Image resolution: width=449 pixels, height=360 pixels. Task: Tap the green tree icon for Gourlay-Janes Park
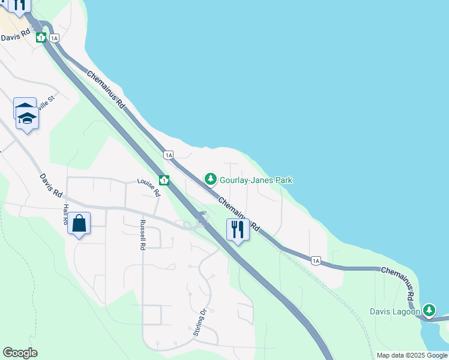coord(210,179)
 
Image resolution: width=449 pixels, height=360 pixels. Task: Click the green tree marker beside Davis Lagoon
coord(429,310)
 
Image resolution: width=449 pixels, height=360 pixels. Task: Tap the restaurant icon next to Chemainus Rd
coord(238,230)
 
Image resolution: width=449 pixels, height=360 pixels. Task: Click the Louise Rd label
coord(149,187)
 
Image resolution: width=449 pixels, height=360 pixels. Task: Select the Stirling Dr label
coord(200,322)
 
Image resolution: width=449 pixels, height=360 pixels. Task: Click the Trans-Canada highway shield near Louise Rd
coord(163,180)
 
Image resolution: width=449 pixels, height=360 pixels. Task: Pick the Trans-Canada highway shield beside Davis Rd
coord(41,38)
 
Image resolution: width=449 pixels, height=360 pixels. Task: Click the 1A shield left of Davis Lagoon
coord(316,260)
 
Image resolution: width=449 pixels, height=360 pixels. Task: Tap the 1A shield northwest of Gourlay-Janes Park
coord(169,155)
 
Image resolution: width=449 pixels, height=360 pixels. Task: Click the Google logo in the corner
coord(20,353)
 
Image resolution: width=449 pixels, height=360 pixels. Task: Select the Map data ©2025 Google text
coord(411,355)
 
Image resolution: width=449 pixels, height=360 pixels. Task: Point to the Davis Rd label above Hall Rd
coord(51,187)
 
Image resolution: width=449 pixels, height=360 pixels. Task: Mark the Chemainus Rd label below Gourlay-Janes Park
coord(238,214)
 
